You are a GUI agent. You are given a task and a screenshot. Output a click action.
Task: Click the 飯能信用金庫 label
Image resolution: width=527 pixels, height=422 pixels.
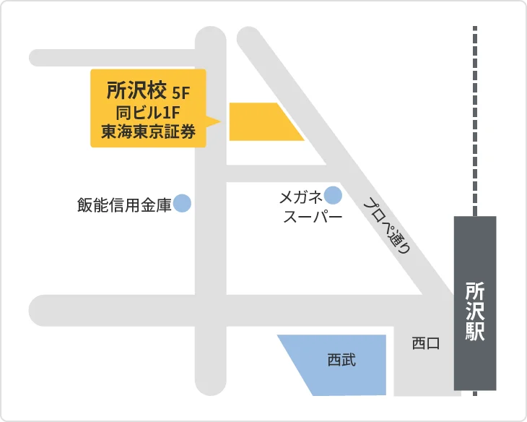[x=124, y=204]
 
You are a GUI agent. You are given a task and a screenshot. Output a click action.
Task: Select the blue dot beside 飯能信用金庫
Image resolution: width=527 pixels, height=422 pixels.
[x=182, y=204]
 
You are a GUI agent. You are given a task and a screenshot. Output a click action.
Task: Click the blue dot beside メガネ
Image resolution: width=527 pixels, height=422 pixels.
[x=333, y=194]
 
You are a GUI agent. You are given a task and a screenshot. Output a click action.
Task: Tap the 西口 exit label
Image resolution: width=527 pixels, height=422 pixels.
[x=425, y=343]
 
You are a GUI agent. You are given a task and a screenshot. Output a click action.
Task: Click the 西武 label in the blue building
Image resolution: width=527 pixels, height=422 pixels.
[x=341, y=359]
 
